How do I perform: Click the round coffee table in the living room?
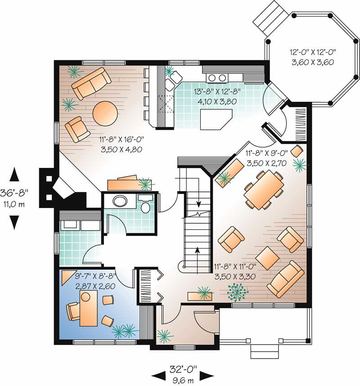click(105, 112)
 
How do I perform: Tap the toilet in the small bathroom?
click(145, 207)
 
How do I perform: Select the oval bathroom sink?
click(120, 201)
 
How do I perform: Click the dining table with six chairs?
click(263, 189)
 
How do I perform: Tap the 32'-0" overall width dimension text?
click(182, 369)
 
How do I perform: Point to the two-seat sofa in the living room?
click(92, 83)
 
